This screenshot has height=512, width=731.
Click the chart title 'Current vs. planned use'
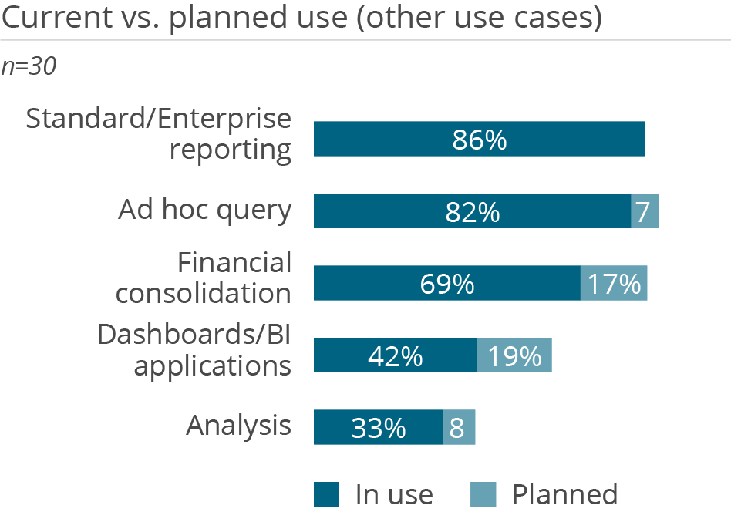coord(301,19)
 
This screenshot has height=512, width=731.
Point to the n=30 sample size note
coord(29,67)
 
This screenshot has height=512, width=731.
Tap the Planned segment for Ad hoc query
coord(645,211)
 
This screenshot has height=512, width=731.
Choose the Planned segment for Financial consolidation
coord(614,284)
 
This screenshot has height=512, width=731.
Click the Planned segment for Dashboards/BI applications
coord(514,355)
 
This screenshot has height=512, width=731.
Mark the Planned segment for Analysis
coord(459,428)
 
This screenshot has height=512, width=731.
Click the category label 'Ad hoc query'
coord(205,210)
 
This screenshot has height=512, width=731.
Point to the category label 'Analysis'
coord(239,426)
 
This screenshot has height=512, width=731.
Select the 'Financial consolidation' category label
coord(204,278)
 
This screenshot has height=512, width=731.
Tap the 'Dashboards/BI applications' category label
coord(195,349)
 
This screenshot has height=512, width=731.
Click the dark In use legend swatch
coord(326,494)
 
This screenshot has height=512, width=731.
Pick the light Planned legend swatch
coord(484,494)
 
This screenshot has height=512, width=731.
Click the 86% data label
coord(479,140)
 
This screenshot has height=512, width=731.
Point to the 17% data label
coord(614,284)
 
